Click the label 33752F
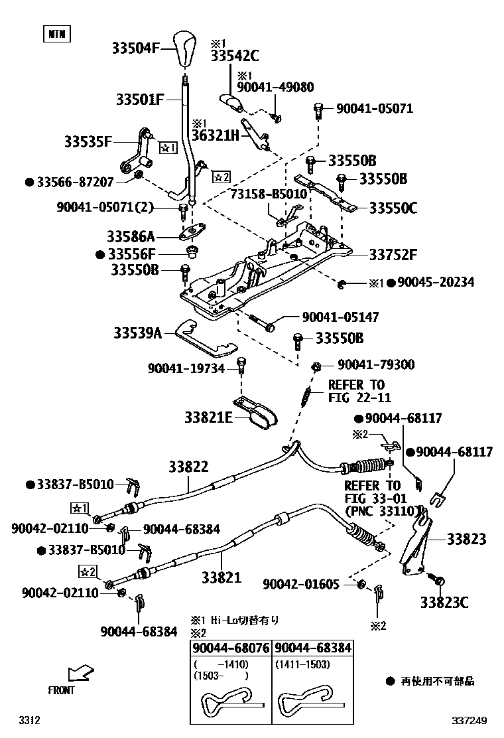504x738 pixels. (x=393, y=254)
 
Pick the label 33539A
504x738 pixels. (x=137, y=333)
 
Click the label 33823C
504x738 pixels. (x=444, y=603)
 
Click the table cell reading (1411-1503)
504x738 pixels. (x=303, y=663)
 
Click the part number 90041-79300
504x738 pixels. (x=376, y=364)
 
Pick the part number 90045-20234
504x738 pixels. (x=435, y=283)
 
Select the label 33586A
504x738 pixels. (x=131, y=236)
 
